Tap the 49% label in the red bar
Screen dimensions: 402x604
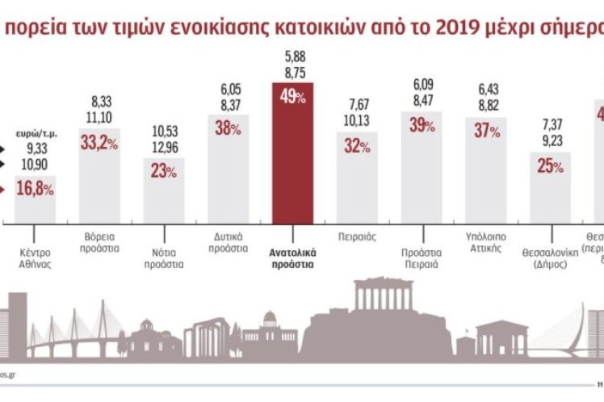pos(292,96)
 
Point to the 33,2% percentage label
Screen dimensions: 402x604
pos(100,142)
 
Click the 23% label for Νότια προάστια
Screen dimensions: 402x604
pos(164,171)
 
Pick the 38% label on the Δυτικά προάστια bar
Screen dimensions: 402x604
pos(229,127)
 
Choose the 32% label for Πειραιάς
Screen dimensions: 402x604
pos(356,146)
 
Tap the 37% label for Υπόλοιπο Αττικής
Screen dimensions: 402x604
pos(486,131)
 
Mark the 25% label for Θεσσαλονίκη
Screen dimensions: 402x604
pos(550,165)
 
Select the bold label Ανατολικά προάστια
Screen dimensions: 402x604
pos(292,258)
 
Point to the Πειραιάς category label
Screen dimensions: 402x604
pos(356,238)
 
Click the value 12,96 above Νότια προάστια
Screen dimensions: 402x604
pos(163,146)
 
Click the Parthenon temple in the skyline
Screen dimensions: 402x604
pos(383,297)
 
